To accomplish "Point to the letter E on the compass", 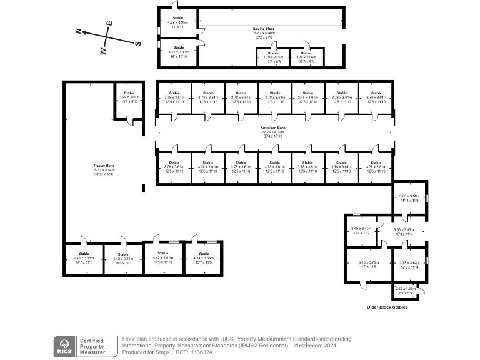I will tap(109, 23).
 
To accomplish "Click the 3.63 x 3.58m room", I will tap(409, 198).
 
